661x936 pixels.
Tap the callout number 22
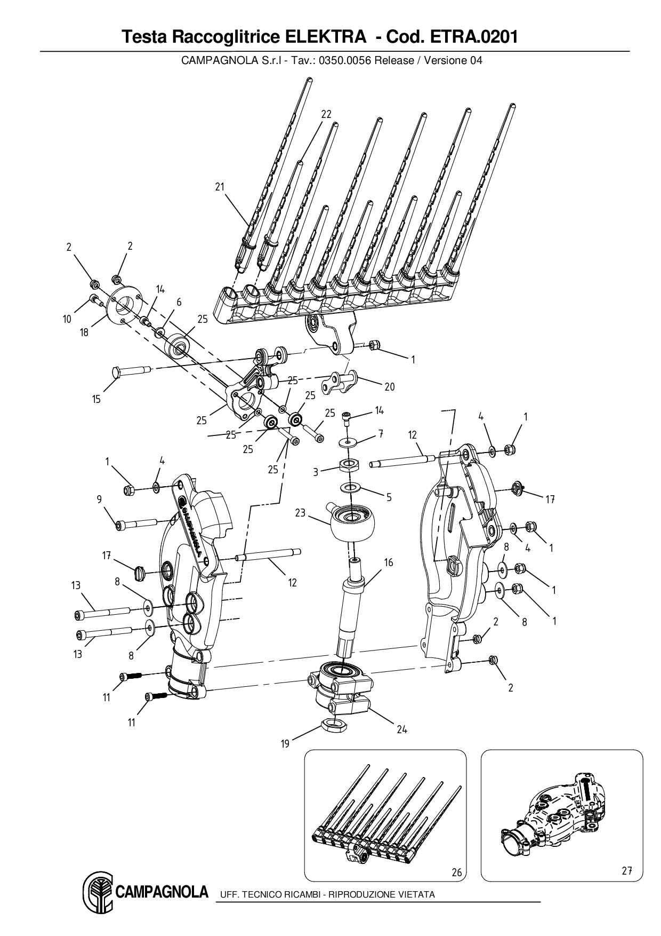click(x=326, y=114)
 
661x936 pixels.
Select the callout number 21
click(x=220, y=186)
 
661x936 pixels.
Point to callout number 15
click(x=96, y=399)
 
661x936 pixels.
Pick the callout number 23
click(x=300, y=513)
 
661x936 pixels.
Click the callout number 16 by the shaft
click(x=389, y=562)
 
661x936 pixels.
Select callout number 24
click(x=402, y=729)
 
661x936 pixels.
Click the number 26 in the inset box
click(x=456, y=872)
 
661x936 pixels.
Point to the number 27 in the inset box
click(x=626, y=870)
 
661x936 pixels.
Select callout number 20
click(x=390, y=386)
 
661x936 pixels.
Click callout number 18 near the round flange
click(x=84, y=333)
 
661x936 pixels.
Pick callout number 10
click(x=67, y=319)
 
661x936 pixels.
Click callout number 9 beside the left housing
click(x=99, y=499)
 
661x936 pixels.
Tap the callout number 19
click(x=285, y=743)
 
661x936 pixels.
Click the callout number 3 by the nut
click(x=316, y=472)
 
